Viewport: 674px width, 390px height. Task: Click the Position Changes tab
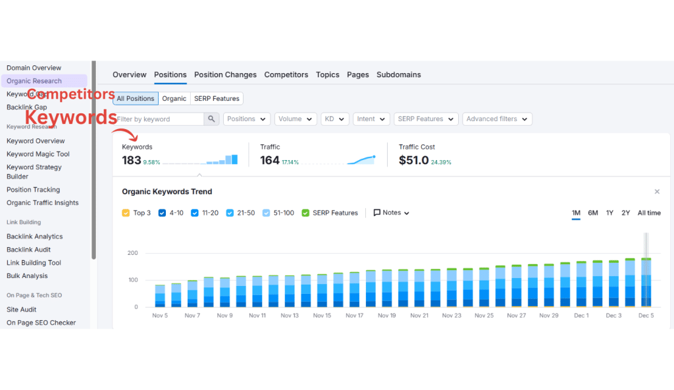pos(225,74)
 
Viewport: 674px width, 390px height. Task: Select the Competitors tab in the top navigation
pos(286,74)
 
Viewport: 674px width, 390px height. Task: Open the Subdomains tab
pos(398,74)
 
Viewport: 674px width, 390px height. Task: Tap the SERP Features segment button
pos(217,98)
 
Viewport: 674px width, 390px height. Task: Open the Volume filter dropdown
pos(294,119)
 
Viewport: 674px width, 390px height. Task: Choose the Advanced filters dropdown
pos(496,119)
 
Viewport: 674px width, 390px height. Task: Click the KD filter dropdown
pos(334,119)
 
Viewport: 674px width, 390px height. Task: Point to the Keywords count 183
pos(132,160)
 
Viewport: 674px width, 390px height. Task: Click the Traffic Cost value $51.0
pos(413,160)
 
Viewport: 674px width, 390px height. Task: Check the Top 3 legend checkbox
pos(126,213)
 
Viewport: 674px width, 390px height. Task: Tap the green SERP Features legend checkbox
pos(305,213)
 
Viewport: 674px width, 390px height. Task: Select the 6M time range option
pos(592,213)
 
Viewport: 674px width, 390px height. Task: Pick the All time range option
pos(648,213)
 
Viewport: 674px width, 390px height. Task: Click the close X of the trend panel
pos(656,192)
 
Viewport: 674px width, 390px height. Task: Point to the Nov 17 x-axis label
pos(354,316)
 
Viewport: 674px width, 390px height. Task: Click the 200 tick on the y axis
pos(132,253)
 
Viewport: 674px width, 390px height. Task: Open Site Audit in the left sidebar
pos(21,310)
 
